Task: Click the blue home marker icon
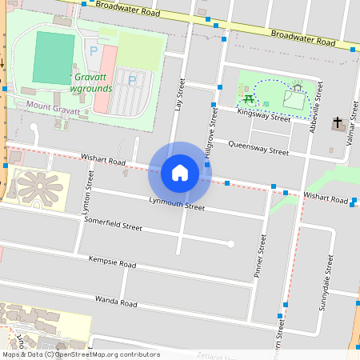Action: pyautogui.click(x=179, y=172)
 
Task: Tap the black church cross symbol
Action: pyautogui.click(x=338, y=125)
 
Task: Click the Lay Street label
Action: pyautogui.click(x=181, y=95)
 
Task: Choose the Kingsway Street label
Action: pyautogui.click(x=264, y=116)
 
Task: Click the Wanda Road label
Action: pyautogui.click(x=112, y=303)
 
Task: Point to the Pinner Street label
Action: pyautogui.click(x=259, y=255)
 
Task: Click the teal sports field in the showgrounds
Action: pyautogui.click(x=54, y=58)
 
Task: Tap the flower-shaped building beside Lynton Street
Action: pyautogui.click(x=38, y=187)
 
